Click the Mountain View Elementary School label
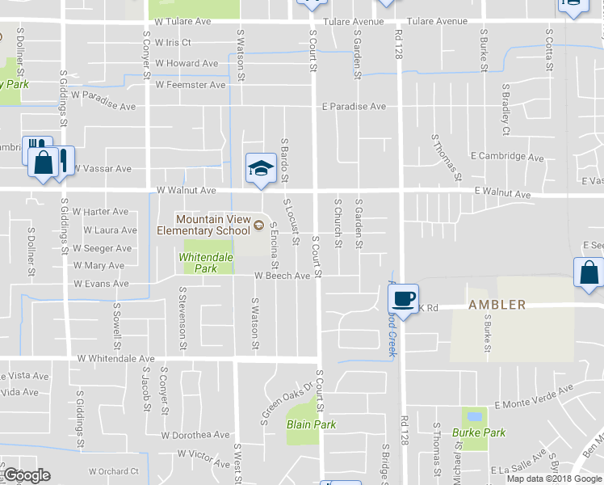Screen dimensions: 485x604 213,225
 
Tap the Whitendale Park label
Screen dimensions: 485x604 206,263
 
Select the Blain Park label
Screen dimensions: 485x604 311,424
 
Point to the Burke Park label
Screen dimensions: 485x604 479,432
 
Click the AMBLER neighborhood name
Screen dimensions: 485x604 497,305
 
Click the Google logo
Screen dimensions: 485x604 27,475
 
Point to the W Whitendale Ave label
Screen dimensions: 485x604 115,358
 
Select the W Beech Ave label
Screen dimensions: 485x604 282,276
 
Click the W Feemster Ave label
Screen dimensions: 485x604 191,84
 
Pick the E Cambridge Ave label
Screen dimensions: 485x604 507,156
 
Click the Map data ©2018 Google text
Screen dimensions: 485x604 554,479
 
